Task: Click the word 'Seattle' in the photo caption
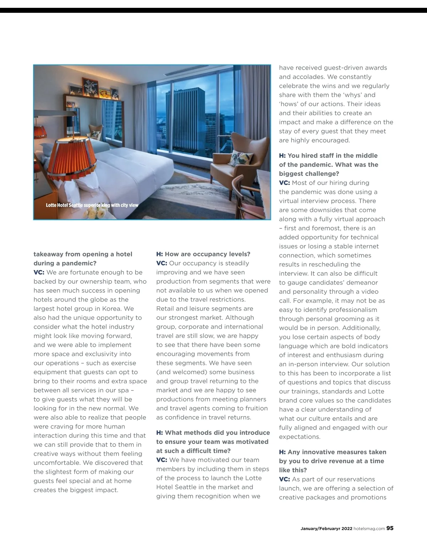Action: click(x=75, y=205)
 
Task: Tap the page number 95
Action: click(x=390, y=528)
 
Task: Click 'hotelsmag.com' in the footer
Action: click(x=369, y=529)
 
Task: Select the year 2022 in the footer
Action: click(x=347, y=529)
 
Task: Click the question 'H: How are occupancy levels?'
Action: click(x=203, y=254)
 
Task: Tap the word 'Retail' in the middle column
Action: click(x=165, y=308)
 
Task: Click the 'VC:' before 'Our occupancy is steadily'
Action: click(x=162, y=263)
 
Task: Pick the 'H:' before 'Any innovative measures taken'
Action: click(x=282, y=452)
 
